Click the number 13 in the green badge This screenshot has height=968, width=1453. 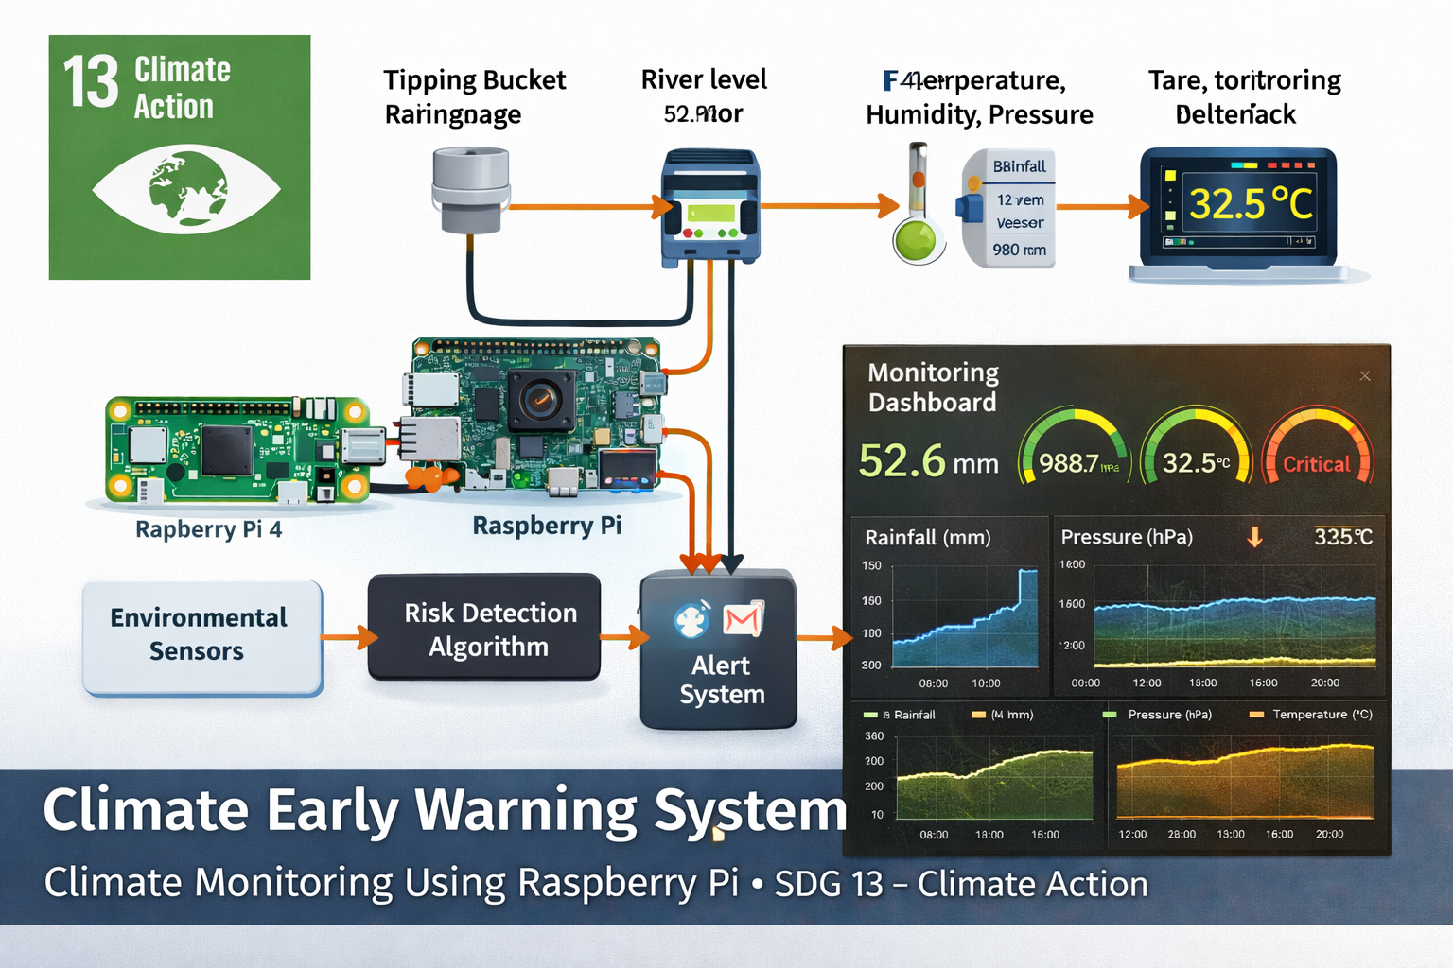click(x=91, y=82)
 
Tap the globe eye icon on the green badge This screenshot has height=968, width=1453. click(x=186, y=189)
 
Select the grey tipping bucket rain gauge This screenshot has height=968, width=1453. click(x=470, y=189)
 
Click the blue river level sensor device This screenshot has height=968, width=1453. click(x=709, y=206)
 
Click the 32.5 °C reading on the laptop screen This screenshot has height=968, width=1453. click(x=1251, y=203)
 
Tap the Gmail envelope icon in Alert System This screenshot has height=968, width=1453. click(x=743, y=620)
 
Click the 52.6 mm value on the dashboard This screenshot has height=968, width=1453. click(x=928, y=461)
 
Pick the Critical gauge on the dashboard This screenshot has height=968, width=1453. click(x=1317, y=452)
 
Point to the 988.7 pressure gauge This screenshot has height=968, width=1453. click(x=1074, y=452)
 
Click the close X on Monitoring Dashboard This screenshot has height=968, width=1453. click(x=1364, y=376)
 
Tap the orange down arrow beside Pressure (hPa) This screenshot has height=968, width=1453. click(x=1254, y=537)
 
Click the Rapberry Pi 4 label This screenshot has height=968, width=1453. click(x=208, y=529)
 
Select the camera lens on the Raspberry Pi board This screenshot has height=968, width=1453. click(x=540, y=400)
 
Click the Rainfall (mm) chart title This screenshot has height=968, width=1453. click(x=927, y=538)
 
